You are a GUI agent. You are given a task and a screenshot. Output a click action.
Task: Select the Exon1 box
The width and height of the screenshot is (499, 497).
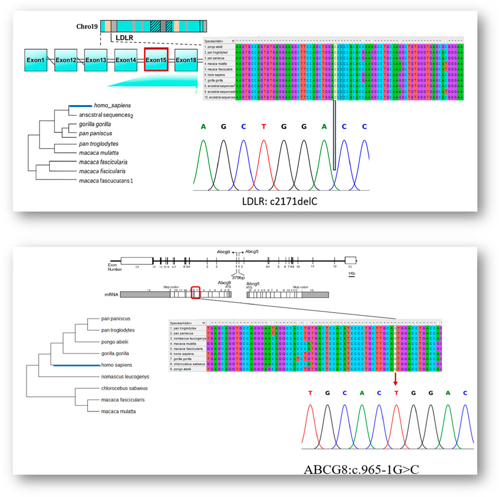[x=36, y=60]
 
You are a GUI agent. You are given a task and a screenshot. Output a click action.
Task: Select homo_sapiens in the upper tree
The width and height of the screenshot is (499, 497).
[x=111, y=105]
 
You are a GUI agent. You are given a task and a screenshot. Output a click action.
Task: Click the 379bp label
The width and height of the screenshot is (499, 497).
[x=238, y=278]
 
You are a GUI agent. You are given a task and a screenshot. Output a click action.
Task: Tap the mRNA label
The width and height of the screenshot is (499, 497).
[x=111, y=294]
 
